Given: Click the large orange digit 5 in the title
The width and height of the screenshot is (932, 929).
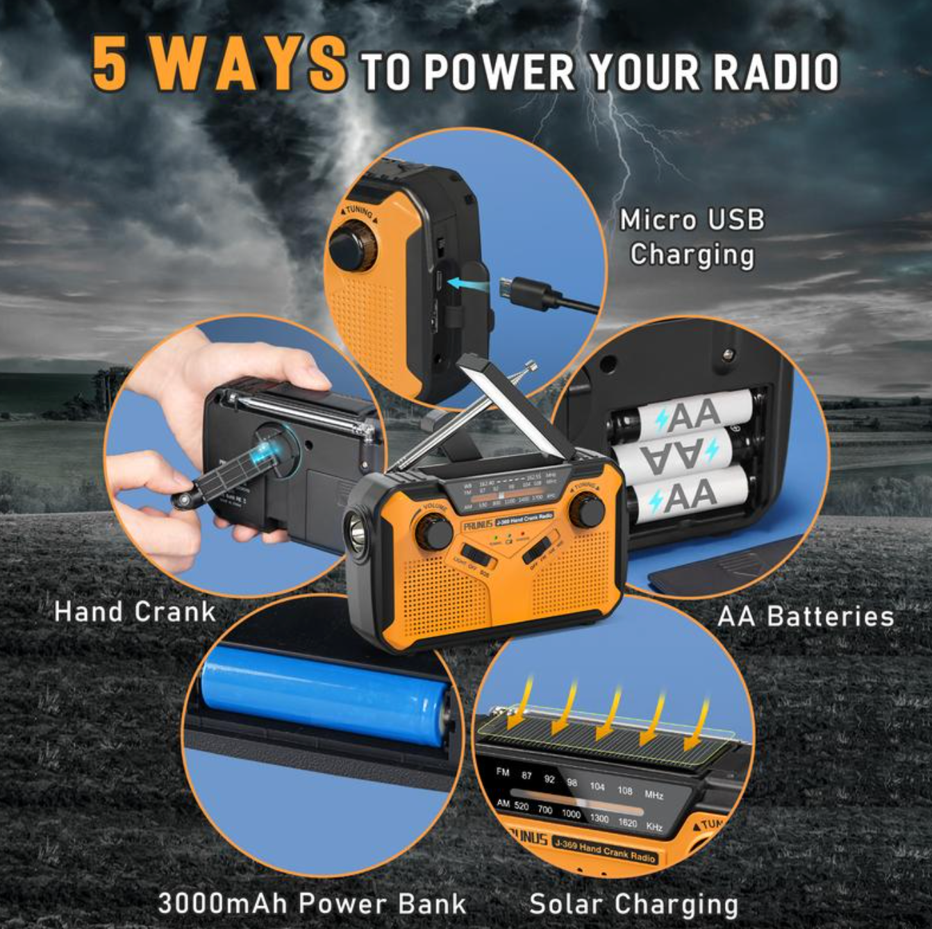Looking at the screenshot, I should click(x=111, y=64).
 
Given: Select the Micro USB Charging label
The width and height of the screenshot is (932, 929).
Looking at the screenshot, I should click(x=692, y=237).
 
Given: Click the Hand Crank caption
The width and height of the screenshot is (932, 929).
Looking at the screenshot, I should click(x=135, y=612).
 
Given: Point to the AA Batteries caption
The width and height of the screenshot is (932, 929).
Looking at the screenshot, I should click(x=806, y=616).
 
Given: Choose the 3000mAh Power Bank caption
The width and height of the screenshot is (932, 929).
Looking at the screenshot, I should click(x=312, y=903).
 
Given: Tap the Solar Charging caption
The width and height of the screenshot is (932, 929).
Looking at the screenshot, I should click(x=633, y=904).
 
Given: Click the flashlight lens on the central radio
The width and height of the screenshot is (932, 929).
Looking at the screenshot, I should click(x=358, y=533).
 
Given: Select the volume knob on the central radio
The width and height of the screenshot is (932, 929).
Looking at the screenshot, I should click(x=434, y=532).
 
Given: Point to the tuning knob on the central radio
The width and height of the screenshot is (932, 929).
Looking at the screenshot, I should click(x=587, y=510).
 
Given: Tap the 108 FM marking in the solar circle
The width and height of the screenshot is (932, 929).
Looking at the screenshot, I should click(x=624, y=790).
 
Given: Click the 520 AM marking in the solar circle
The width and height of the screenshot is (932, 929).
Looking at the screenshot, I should click(x=521, y=807).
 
